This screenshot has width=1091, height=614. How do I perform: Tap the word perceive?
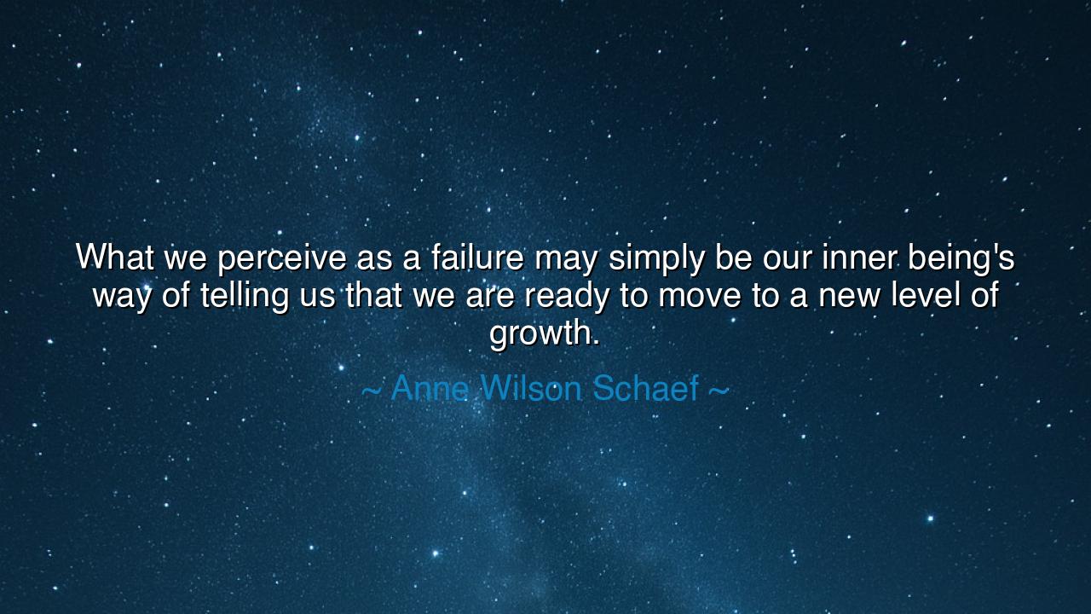282,258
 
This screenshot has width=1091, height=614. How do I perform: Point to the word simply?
646,258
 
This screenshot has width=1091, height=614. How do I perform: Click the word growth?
544,333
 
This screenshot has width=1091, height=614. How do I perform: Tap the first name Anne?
429,389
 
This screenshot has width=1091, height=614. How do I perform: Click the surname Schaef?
645,389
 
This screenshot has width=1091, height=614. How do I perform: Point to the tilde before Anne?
371,391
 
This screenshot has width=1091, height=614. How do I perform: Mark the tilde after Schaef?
719,391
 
